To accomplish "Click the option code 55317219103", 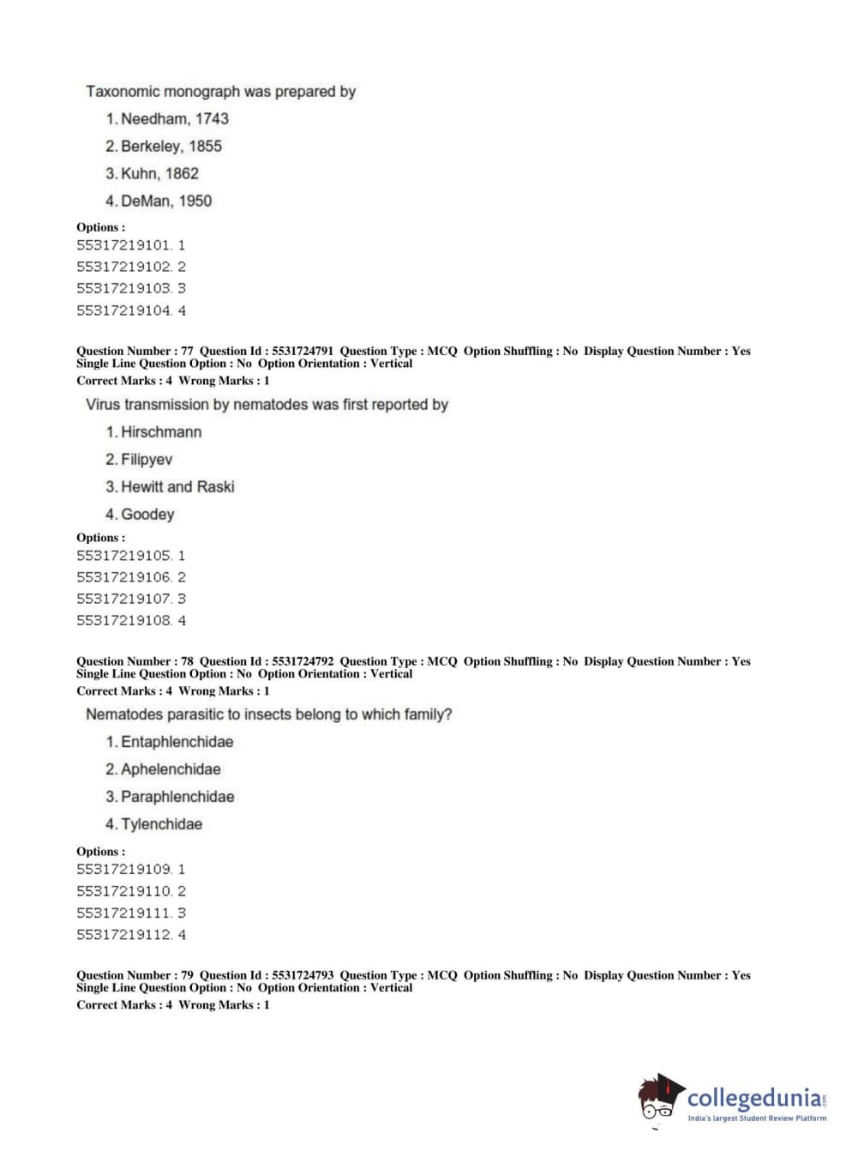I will click(124, 289).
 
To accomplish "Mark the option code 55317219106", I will click(124, 578).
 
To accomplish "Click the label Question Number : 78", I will click(135, 661).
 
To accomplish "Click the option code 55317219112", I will click(124, 935).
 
